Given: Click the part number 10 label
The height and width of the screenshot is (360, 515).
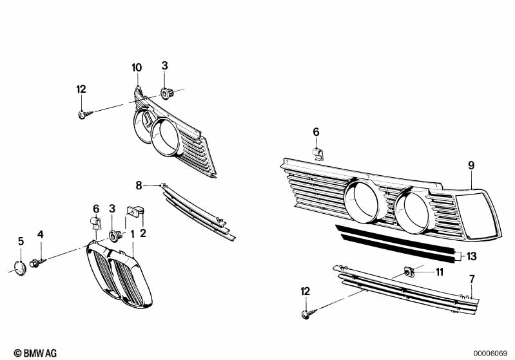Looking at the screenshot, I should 137,68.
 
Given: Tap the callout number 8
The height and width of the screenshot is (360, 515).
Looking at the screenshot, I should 138,185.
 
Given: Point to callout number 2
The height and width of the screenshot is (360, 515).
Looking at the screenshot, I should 143,233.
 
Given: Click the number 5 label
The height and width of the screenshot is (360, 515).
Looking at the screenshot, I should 21,241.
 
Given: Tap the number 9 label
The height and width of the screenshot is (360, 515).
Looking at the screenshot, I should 471,166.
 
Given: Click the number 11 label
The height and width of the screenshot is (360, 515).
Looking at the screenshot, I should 439,272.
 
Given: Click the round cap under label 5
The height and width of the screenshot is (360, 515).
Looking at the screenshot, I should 19,267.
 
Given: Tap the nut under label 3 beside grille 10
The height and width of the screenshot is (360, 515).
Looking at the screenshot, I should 167,93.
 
